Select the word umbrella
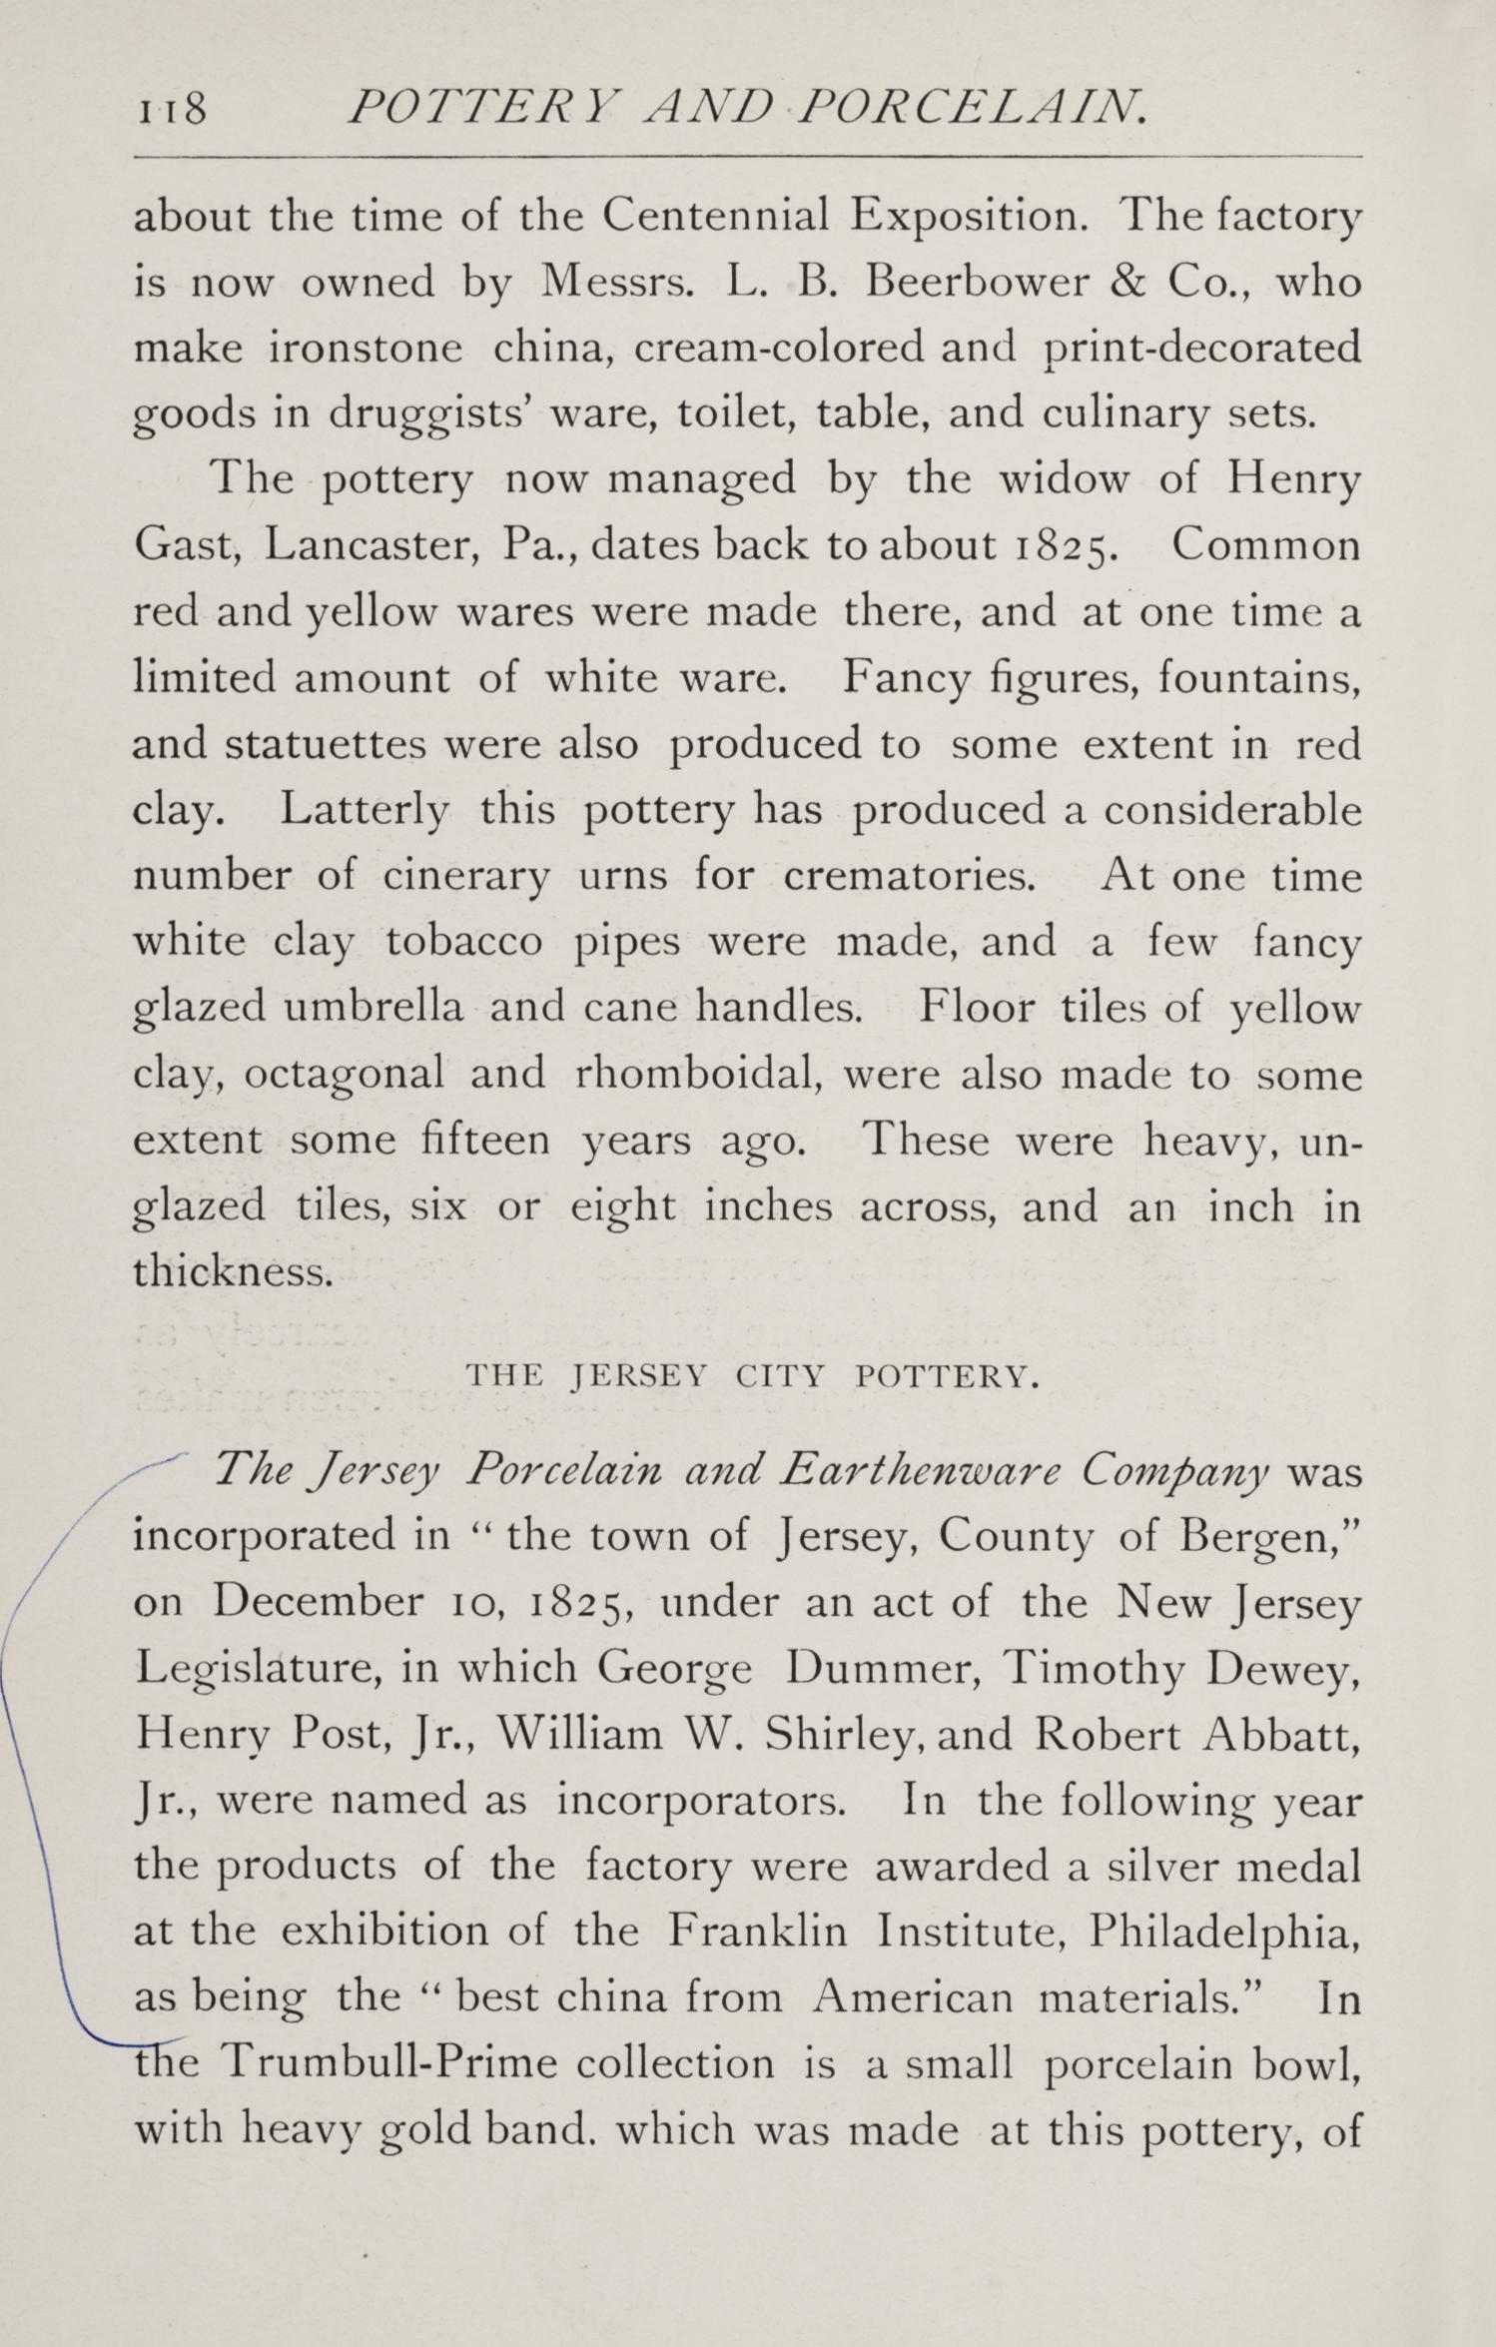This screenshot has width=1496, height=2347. [x=374, y=1008]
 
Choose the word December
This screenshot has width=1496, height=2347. [x=318, y=1602]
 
